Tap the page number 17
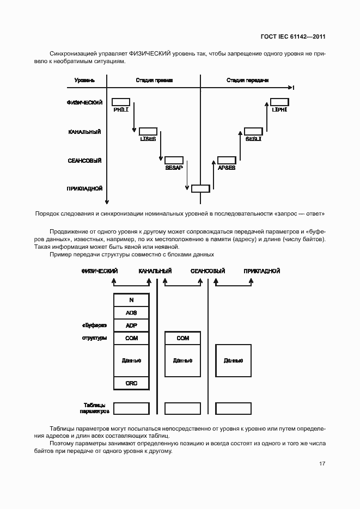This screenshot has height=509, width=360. (x=322, y=464)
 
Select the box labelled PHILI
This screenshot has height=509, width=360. (x=121, y=102)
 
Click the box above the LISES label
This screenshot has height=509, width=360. (x=148, y=131)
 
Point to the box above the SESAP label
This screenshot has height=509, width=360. (x=174, y=160)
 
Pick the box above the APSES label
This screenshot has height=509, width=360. (x=227, y=160)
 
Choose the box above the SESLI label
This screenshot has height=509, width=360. (x=253, y=131)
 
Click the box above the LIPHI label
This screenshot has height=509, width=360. (x=279, y=102)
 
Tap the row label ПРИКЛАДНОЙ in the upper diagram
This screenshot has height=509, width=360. (x=85, y=189)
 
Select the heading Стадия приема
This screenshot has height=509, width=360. (x=154, y=81)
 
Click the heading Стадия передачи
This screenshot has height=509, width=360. (x=247, y=81)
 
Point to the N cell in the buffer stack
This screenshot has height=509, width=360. (x=131, y=300)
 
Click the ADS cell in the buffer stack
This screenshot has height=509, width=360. (x=131, y=313)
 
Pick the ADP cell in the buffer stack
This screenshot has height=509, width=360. (x=131, y=326)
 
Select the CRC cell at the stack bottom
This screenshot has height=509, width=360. (x=131, y=383)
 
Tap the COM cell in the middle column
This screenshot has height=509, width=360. (x=183, y=338)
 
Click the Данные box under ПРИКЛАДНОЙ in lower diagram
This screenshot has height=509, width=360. (x=234, y=360)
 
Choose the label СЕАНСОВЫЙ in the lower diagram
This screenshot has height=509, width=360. (x=208, y=271)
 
